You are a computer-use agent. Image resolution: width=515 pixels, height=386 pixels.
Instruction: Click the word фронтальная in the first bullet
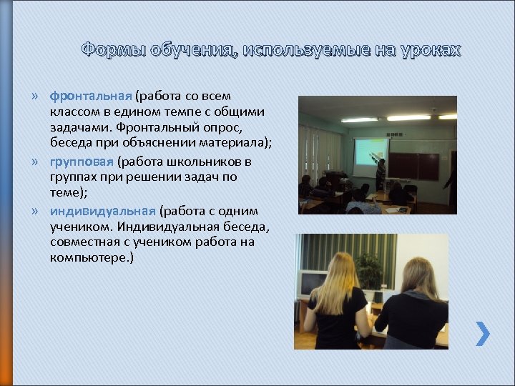90,96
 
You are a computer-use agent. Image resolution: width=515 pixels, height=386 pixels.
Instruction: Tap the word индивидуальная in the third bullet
102,211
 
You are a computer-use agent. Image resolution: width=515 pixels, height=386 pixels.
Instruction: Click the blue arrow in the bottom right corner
483,333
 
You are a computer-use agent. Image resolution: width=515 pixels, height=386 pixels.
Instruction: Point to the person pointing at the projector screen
381,174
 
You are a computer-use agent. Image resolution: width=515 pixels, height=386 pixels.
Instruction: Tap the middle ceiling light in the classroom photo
408,117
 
